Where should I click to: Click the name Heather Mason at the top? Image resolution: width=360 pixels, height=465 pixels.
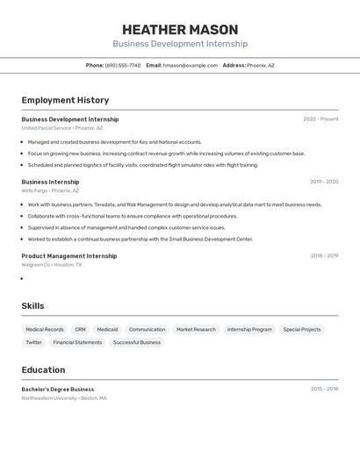point(180,29)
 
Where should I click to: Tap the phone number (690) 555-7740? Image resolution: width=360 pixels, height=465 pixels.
point(123,65)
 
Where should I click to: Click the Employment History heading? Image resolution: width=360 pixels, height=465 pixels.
point(65,100)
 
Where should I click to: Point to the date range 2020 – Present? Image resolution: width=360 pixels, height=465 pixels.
point(320,119)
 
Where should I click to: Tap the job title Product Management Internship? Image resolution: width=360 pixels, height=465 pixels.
point(69,256)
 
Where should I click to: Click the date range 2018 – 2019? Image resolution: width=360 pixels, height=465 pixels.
point(324,256)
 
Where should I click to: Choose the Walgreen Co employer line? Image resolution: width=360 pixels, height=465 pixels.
point(52,264)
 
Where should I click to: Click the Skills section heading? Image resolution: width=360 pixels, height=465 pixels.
point(32,306)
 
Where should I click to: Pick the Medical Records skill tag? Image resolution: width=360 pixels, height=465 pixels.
point(45,330)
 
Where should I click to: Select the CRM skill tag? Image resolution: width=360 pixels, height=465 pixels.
point(80,330)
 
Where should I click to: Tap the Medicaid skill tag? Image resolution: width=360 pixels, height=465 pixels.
point(107,330)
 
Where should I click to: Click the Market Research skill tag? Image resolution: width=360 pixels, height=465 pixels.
point(196,330)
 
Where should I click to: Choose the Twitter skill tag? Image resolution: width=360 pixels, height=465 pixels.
point(33,343)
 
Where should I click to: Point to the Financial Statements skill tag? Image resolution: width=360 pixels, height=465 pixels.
point(77,343)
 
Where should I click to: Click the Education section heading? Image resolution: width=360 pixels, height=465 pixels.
point(43,370)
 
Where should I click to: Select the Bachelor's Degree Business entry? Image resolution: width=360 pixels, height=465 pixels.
point(58,390)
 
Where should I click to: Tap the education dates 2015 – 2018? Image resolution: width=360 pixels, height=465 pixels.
point(324,389)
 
